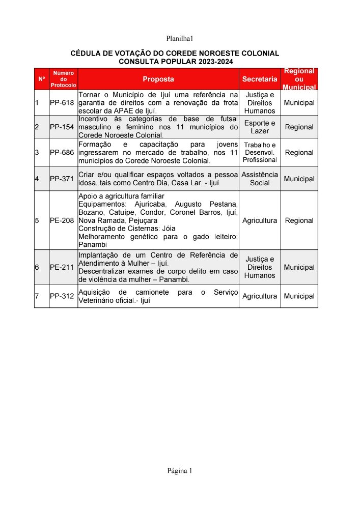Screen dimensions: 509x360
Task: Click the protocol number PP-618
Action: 62,103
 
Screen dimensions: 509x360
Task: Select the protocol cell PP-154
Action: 62,127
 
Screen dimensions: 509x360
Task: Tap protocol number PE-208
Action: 62,221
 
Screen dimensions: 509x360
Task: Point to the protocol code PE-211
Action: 62,267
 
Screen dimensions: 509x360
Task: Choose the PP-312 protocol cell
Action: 62,296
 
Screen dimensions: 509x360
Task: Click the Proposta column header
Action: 158,79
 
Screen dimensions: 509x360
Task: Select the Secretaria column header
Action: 260,79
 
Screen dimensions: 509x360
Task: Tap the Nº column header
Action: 41,79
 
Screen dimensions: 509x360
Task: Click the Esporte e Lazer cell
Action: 260,127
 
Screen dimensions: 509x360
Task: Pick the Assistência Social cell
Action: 260,179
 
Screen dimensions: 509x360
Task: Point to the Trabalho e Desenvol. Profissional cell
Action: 260,152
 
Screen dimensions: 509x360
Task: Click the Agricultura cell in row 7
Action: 260,296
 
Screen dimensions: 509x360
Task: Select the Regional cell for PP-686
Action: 299,152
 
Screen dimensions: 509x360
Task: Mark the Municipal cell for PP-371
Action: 299,179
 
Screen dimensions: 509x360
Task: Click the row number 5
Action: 37,221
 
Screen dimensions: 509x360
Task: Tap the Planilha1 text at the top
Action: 180,39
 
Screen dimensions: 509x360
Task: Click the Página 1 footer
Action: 180,470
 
